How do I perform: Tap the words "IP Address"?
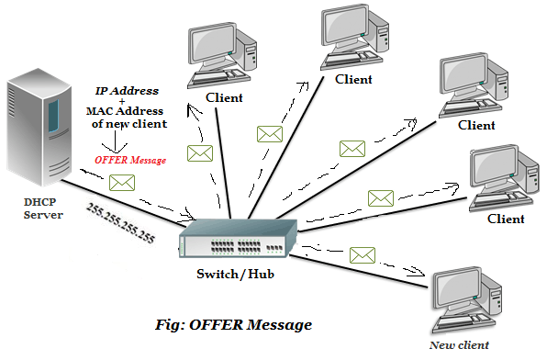click(128, 91)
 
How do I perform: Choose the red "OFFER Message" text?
click(129, 160)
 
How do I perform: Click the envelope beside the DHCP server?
click(122, 182)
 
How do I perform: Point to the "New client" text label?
click(459, 345)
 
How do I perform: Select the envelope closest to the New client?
click(363, 254)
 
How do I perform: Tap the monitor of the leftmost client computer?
click(209, 46)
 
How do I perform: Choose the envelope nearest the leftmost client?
click(199, 153)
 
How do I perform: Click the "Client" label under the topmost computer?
click(353, 80)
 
